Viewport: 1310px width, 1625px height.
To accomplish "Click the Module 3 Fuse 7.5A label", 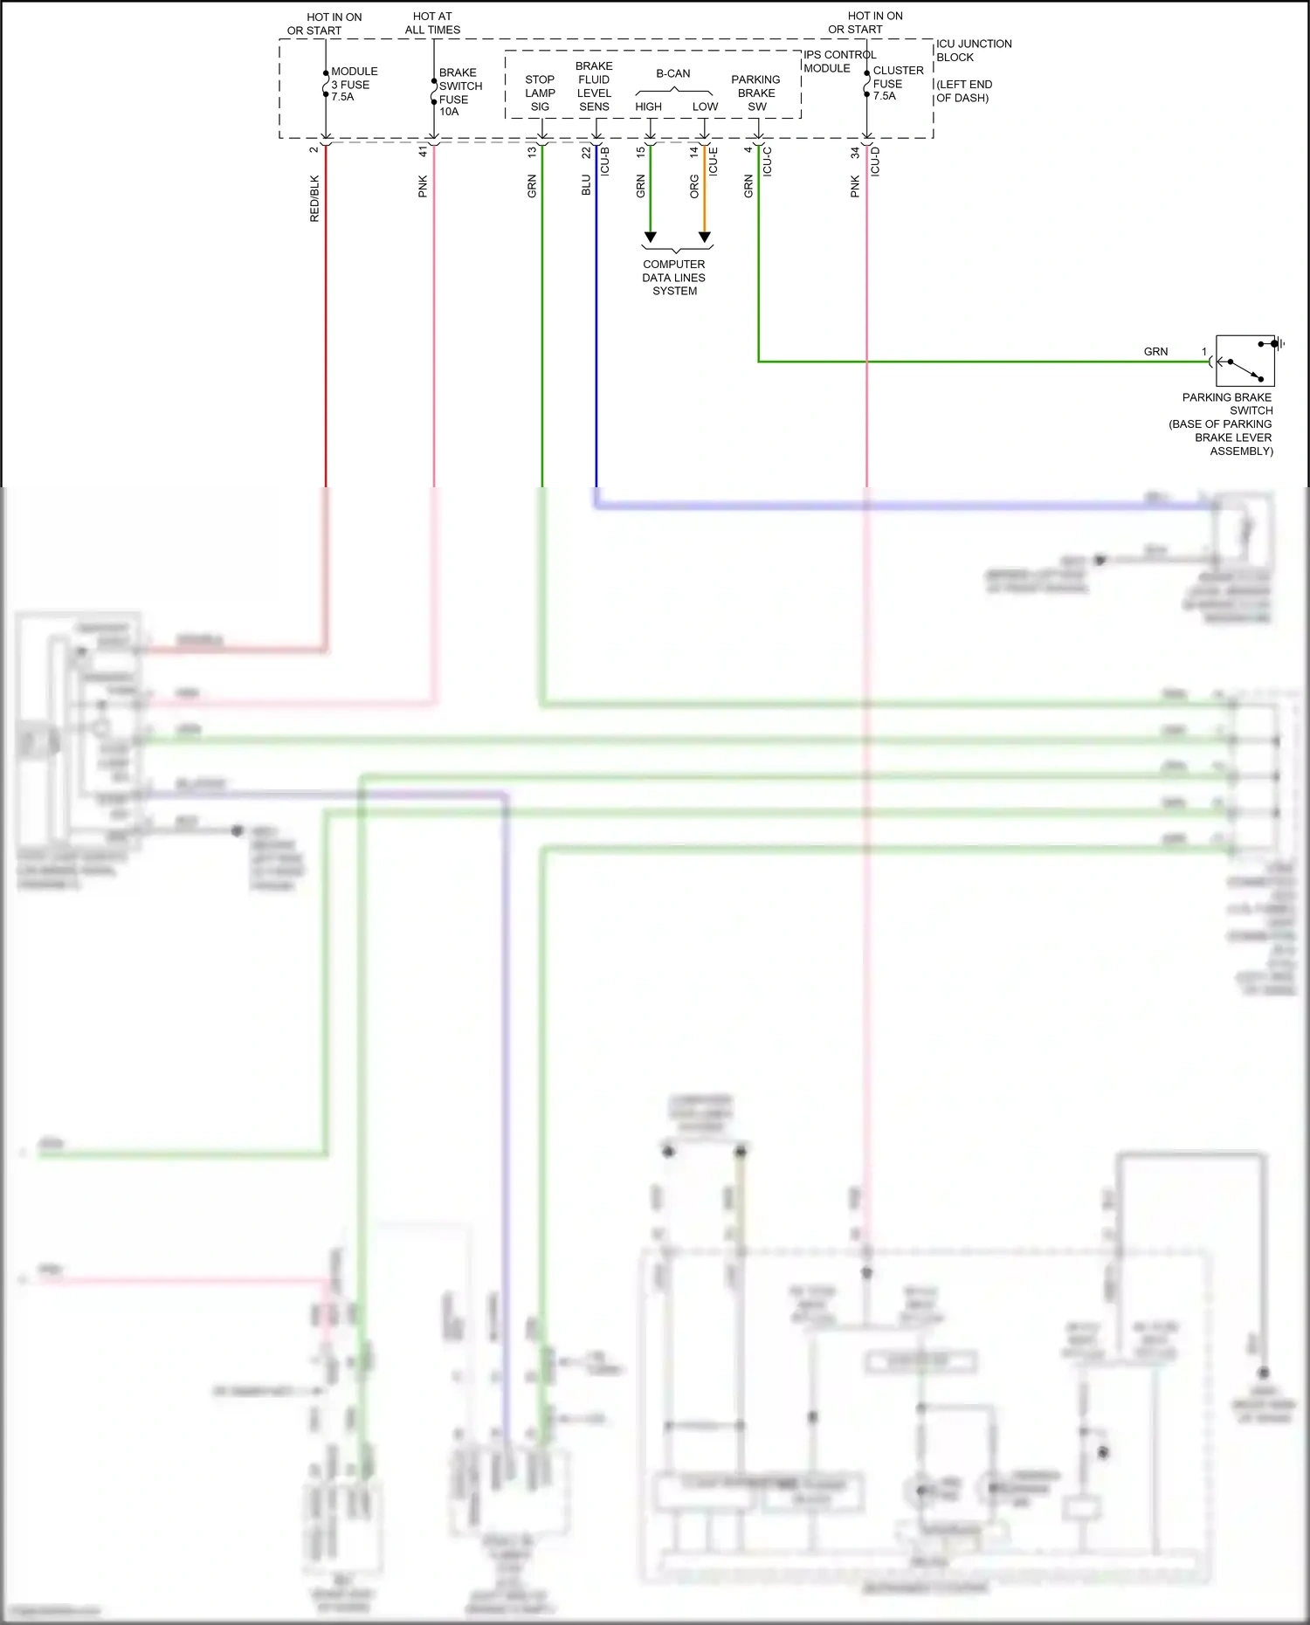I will (x=354, y=84).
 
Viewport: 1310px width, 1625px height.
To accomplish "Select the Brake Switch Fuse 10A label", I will (x=459, y=92).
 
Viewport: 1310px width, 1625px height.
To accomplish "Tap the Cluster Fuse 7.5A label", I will (x=897, y=83).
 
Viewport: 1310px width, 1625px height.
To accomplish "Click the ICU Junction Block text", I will (x=973, y=51).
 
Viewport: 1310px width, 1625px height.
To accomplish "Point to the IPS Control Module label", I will (x=838, y=61).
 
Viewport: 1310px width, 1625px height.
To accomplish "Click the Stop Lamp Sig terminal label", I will (x=540, y=93).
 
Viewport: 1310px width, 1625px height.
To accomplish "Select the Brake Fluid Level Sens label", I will (x=594, y=86).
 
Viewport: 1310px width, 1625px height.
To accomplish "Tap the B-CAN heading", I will (x=672, y=73).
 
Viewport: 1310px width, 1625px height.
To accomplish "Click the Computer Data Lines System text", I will (x=673, y=278).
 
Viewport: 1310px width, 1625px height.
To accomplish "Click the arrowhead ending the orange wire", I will (x=705, y=238).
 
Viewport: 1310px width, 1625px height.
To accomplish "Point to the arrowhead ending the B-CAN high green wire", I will (x=650, y=238).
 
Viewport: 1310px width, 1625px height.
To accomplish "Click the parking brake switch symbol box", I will (x=1244, y=361).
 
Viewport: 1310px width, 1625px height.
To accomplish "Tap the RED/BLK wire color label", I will (x=314, y=198).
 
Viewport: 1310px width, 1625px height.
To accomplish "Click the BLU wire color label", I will (x=586, y=185).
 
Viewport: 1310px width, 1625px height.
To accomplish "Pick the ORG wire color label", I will (x=694, y=186).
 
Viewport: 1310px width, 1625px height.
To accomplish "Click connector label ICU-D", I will (x=875, y=162).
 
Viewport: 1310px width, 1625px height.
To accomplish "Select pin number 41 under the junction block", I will (x=423, y=151).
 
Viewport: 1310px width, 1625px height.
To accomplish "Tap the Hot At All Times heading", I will (x=432, y=23).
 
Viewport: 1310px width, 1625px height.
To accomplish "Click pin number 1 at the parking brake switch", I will (x=1203, y=352).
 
